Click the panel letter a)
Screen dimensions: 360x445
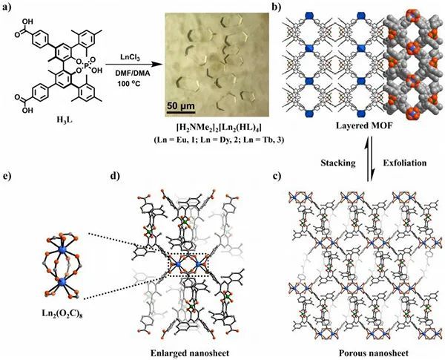tap(10, 7)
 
